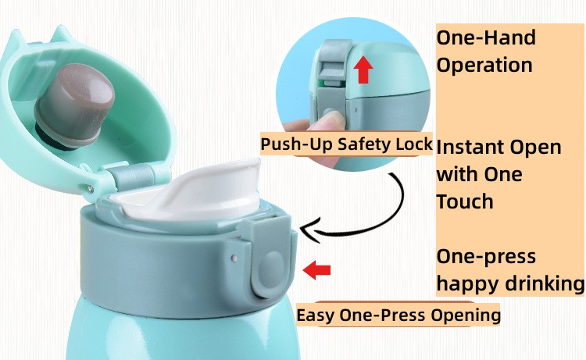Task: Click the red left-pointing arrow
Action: pos(316,269)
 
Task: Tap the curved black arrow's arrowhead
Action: pos(311,230)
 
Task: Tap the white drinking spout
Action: pos(195,192)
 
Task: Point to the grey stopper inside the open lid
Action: pos(74,106)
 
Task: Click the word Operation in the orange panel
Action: pos(484,65)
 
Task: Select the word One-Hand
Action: pos(486,37)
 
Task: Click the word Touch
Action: pos(465,201)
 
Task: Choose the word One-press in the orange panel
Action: pos(486,257)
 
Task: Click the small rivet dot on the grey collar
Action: pos(234,258)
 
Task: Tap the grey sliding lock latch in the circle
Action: pos(332,62)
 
